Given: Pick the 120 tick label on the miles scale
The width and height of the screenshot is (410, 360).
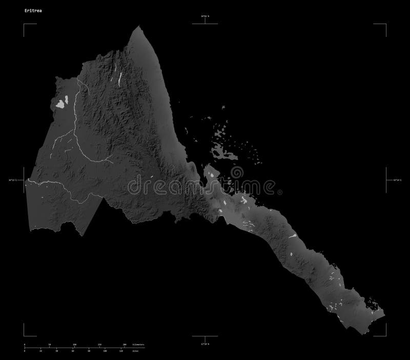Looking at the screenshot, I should (x=121, y=351).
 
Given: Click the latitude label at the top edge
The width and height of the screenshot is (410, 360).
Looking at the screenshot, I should (x=204, y=17).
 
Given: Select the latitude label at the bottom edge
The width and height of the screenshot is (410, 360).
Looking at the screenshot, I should (x=204, y=343).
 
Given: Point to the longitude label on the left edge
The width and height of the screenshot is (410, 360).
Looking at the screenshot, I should (x=16, y=180).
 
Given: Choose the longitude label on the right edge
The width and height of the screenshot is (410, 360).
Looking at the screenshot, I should (x=394, y=180).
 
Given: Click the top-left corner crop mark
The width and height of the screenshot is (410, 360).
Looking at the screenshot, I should (x=24, y=24).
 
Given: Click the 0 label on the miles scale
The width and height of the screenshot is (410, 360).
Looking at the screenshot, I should (x=25, y=351).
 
